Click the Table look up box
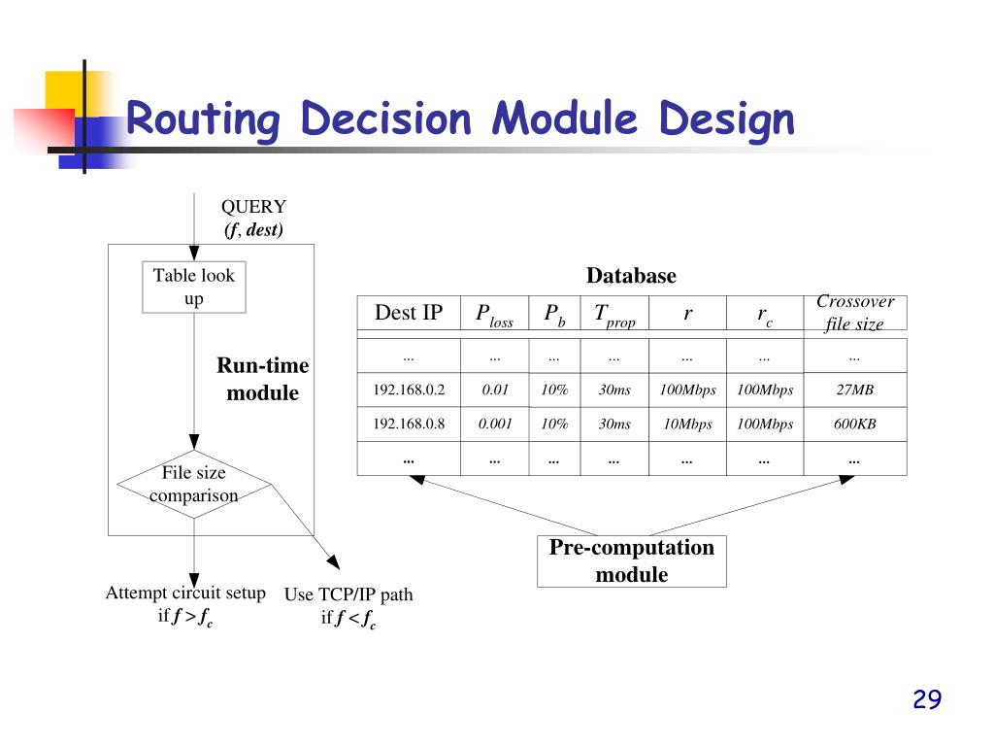[x=194, y=288]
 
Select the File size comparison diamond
[x=194, y=484]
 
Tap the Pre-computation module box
[x=631, y=560]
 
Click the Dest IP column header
[x=409, y=313]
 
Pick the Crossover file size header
[x=854, y=313]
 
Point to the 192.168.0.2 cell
[x=409, y=390]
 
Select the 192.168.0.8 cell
[x=409, y=424]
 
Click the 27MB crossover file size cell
[x=854, y=390]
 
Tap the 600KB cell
[x=854, y=424]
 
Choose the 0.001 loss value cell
[x=495, y=424]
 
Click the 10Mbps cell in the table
[x=687, y=424]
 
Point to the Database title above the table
[x=631, y=276]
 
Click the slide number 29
[x=927, y=699]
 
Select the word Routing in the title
[x=202, y=120]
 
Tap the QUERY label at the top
[x=253, y=207]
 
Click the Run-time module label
[x=262, y=379]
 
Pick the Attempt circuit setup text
[x=185, y=593]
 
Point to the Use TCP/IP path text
[x=348, y=595]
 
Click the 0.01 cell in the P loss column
[x=495, y=390]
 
